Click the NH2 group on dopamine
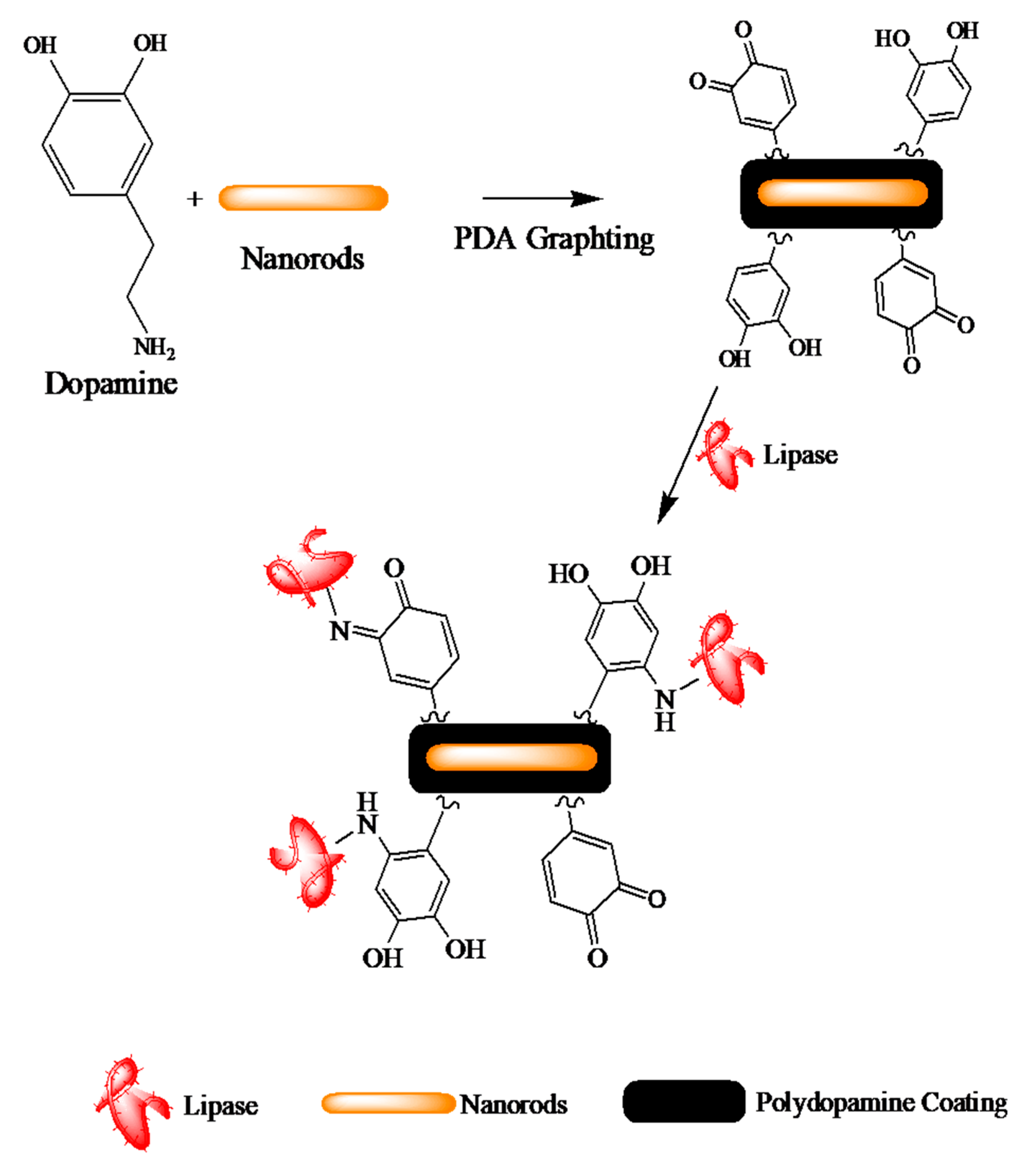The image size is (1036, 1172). (153, 347)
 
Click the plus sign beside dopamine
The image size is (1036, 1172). (195, 199)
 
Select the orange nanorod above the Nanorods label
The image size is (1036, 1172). (303, 198)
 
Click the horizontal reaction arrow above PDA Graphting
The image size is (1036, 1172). (542, 198)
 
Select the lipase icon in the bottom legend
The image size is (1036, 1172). (131, 1104)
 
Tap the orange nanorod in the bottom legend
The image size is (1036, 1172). (388, 1103)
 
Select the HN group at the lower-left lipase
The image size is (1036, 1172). (367, 814)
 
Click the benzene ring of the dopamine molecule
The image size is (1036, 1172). (97, 144)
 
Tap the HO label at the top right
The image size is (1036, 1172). (891, 39)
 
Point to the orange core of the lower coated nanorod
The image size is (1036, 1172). (511, 758)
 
